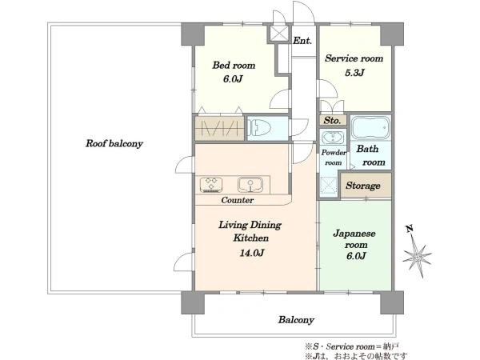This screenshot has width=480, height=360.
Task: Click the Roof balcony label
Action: coord(114,143)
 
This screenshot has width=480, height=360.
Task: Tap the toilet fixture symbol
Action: coord(259,127)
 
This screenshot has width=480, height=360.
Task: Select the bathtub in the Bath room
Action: coord(370,127)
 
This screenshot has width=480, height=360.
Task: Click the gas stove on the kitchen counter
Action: coord(211,185)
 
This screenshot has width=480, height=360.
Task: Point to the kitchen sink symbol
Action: coord(250,185)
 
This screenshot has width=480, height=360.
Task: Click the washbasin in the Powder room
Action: coord(333,138)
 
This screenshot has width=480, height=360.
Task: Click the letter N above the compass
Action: coord(410,228)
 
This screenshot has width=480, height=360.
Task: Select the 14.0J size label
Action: coord(251,253)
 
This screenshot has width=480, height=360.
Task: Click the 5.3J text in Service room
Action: coord(354,73)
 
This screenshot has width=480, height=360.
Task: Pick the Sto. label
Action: coord(333,121)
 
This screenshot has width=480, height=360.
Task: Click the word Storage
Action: coord(363,186)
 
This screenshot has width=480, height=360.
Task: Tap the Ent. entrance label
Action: coord(302,41)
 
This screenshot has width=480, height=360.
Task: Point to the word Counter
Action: coord(238,200)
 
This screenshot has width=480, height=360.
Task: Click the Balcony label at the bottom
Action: coord(296,320)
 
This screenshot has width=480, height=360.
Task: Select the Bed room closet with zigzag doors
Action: coord(219,128)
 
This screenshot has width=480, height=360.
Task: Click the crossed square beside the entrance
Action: coord(279,34)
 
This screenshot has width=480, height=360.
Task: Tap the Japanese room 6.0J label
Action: coord(356,256)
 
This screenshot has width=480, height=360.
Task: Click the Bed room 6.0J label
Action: coord(233,79)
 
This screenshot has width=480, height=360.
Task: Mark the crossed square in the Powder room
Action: coord(328,186)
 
